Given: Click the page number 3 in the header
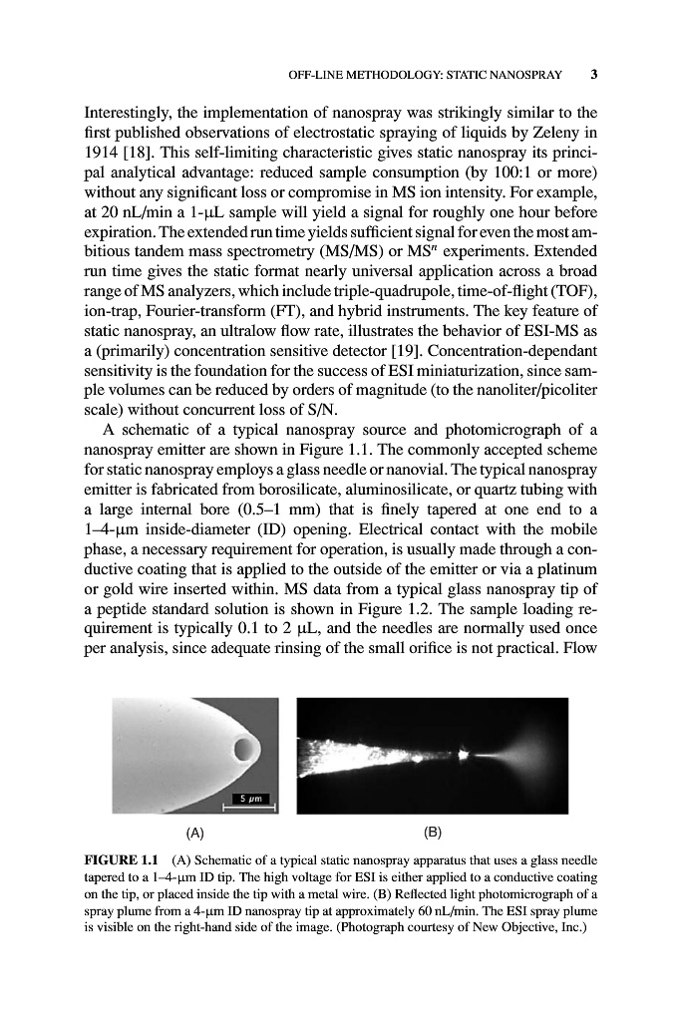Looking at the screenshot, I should point(593,73).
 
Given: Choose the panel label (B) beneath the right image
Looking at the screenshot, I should point(433,830).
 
